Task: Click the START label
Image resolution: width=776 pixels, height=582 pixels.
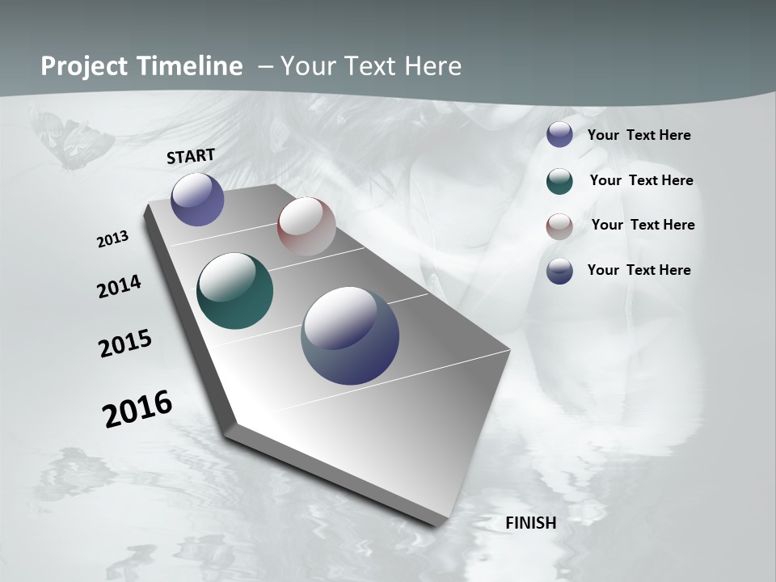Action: point(191,156)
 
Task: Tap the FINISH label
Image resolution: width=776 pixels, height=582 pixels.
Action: point(531,523)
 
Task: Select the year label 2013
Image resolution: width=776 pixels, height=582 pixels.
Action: point(113,239)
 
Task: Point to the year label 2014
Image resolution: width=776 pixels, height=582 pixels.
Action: point(119,287)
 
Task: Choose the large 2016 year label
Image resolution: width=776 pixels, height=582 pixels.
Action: point(137,409)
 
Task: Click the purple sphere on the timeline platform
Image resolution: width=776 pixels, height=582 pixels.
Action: point(197,199)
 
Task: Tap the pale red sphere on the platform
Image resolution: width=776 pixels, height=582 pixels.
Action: point(306,226)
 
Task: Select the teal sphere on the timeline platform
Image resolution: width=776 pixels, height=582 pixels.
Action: point(234,291)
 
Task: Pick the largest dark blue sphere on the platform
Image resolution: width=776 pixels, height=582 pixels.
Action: point(350,335)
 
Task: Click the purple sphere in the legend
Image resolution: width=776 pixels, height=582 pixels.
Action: point(559,135)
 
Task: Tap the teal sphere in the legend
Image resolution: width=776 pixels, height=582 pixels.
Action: point(559,181)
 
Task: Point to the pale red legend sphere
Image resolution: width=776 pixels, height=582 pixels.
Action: point(559,226)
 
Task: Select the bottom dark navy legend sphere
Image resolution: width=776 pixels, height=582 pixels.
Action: point(559,271)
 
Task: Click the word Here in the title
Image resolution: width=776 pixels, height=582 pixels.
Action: point(432,66)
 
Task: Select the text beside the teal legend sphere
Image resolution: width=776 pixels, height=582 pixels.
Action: point(641,180)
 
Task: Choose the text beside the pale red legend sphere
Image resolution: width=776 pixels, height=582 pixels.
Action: point(643,225)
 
